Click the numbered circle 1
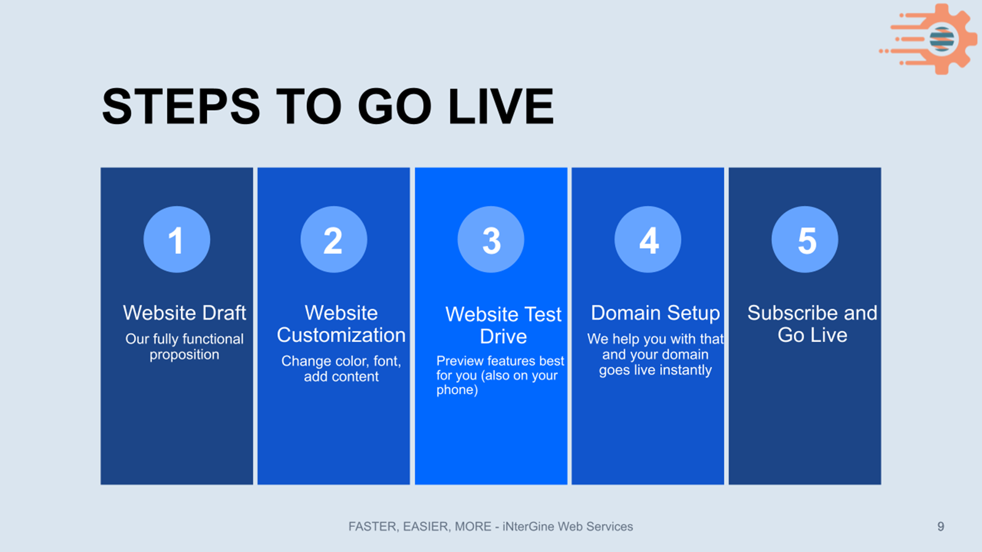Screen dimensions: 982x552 coord(177,240)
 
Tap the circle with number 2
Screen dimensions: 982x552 coord(334,240)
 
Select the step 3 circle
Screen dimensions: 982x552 coord(491,240)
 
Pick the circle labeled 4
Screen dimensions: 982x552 coord(648,240)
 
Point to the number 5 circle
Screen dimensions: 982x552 coord(805,240)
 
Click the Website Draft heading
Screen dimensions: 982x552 coord(184,313)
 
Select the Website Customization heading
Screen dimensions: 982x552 coord(341,324)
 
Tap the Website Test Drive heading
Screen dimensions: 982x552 coord(503,325)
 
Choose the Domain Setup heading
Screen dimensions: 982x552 coord(655,313)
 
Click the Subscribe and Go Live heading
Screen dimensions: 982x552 coord(813,324)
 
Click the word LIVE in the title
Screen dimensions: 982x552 coord(501,106)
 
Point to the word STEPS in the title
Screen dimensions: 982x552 coord(181,106)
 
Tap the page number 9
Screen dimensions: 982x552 coord(941,526)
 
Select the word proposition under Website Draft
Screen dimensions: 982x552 coord(184,355)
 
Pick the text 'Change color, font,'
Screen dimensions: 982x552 coord(341,361)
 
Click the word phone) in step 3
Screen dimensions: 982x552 coord(457,390)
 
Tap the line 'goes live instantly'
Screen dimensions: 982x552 coord(655,370)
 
